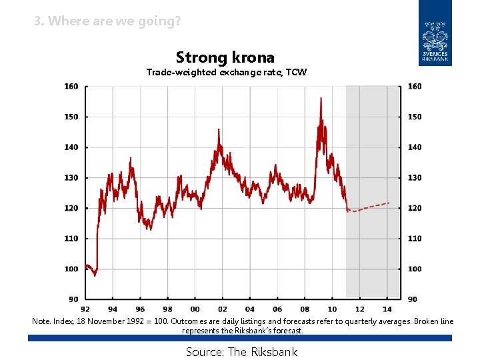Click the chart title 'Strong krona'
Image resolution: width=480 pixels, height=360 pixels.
coord(225,57)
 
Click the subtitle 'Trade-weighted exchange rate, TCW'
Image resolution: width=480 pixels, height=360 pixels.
coord(227,72)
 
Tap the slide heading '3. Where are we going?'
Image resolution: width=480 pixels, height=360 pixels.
coord(107,21)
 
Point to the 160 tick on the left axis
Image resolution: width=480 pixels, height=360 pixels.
coord(71,87)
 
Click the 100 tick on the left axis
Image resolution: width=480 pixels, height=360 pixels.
coord(71,269)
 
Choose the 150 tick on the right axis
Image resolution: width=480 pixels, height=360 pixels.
coord(414,117)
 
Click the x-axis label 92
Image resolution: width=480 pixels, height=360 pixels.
coord(85,309)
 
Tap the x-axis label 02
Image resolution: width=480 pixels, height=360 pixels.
coord(222,309)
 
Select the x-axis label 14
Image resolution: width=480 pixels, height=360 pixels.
coord(387,309)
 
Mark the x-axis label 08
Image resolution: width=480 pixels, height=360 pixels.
coord(305,309)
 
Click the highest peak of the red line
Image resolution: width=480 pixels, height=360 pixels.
coord(321,99)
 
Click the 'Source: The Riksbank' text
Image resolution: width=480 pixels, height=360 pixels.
coord(241,352)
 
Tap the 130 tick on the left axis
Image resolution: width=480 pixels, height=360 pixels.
coord(71,178)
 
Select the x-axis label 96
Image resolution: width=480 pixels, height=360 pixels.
coord(140,309)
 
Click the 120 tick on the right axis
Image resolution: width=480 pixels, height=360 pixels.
coord(414,208)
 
